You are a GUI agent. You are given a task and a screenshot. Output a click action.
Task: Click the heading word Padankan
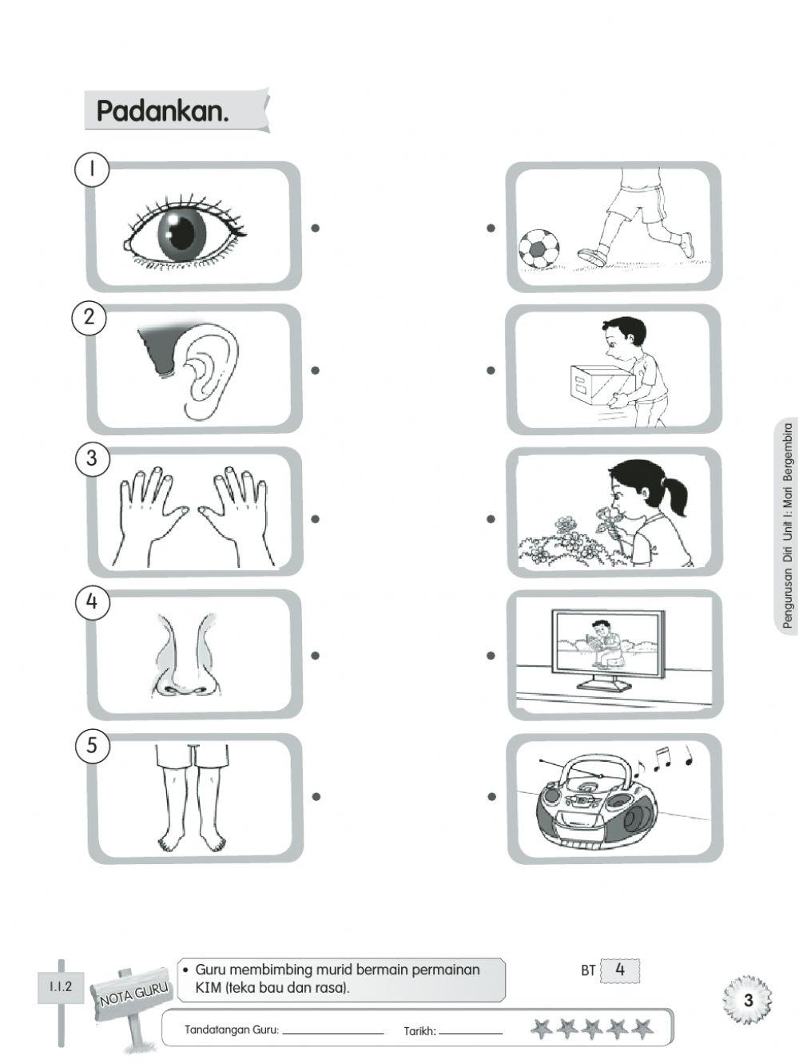[x=162, y=111]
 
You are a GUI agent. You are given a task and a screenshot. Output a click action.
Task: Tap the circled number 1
[x=92, y=170]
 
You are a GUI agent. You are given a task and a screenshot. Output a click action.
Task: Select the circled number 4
[x=92, y=602]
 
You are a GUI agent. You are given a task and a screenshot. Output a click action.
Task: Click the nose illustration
[x=185, y=655]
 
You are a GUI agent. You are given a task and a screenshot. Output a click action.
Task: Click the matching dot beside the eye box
[x=316, y=228]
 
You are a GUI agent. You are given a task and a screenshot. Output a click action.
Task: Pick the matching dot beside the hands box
[x=316, y=518]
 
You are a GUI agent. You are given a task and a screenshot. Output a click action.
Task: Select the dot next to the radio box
[x=491, y=796]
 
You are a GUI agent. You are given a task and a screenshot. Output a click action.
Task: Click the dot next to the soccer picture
[x=491, y=228]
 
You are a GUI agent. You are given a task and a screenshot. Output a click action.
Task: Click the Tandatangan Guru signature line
[x=333, y=1033]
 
